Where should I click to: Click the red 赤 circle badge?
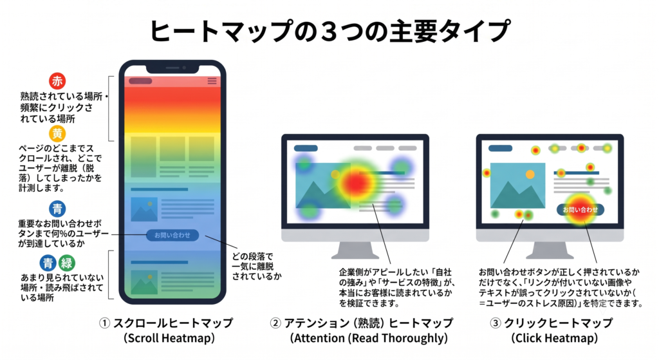tap(57, 81)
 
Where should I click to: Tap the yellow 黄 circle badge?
tap(57, 134)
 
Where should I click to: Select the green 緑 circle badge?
tap(67, 263)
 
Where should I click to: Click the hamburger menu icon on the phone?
tap(212, 81)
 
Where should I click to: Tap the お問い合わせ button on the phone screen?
tap(172, 235)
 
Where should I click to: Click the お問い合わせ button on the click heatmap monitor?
tap(580, 209)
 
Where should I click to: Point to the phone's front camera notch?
tap(172, 68)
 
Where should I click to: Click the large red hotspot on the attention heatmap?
tap(356, 182)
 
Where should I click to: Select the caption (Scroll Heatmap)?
tap(169, 338)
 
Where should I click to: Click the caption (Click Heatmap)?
tap(554, 338)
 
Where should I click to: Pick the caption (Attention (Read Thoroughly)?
tap(369, 338)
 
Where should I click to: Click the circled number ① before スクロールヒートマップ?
tap(105, 323)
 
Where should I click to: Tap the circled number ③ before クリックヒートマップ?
tap(496, 323)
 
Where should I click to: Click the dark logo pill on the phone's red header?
tap(140, 81)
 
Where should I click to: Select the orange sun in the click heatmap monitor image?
tap(530, 174)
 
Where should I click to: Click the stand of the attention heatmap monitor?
tap(355, 251)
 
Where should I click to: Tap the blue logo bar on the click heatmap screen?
tap(501, 148)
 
